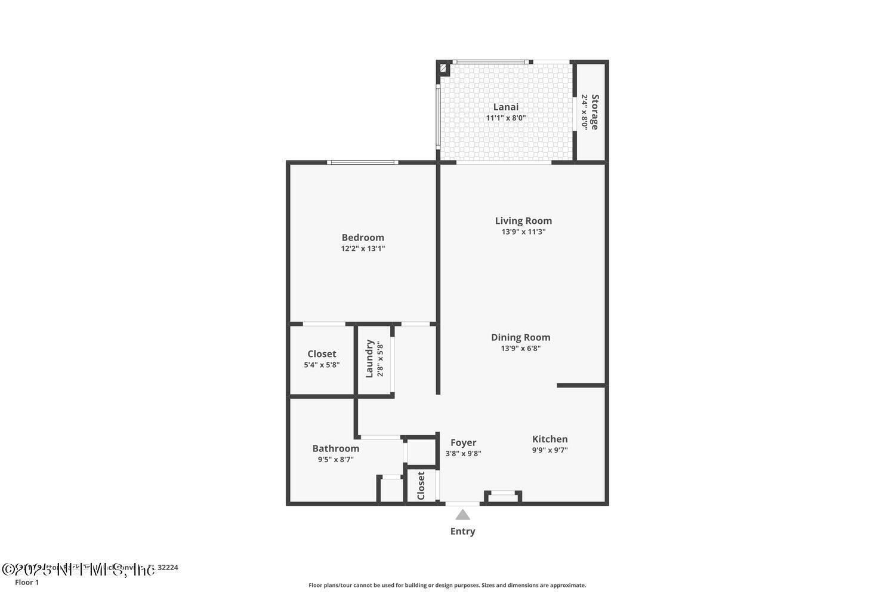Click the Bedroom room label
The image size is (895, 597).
click(x=363, y=238)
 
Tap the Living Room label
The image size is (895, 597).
click(x=523, y=221)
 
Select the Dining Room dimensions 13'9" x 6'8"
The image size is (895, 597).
click(x=520, y=349)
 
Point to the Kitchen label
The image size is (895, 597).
click(x=550, y=439)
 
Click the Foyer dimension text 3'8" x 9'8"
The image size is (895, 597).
click(x=463, y=454)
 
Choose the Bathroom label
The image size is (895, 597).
click(x=336, y=448)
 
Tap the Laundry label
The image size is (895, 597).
click(x=369, y=359)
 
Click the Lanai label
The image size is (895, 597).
click(x=505, y=107)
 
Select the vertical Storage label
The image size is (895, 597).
click(x=595, y=112)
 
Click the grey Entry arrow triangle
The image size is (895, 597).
click(x=462, y=515)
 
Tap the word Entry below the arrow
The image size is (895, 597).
click(x=462, y=531)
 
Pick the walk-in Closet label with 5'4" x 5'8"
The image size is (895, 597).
click(x=322, y=354)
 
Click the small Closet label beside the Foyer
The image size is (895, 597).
click(x=421, y=486)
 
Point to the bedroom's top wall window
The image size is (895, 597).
click(x=362, y=162)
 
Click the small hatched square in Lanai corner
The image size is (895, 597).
click(x=443, y=69)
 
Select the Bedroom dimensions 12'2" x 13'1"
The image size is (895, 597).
click(x=363, y=249)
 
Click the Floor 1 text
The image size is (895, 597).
click(x=27, y=583)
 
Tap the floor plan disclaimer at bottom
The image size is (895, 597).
click(x=447, y=586)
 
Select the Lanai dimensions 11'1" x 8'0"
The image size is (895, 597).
click(x=505, y=118)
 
